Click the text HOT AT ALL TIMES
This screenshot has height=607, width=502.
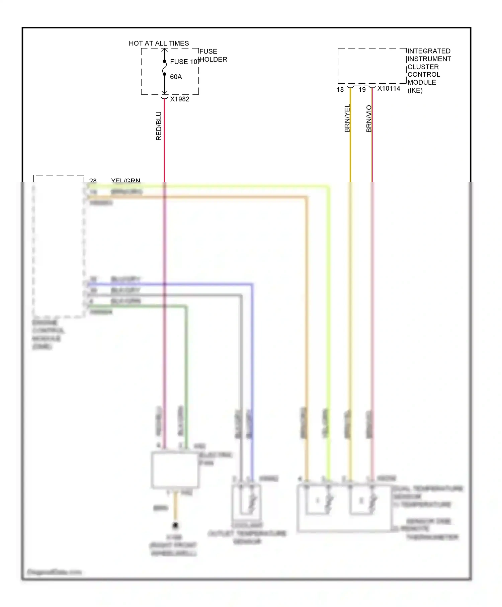tap(159, 43)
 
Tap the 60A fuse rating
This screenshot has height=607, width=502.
tap(176, 77)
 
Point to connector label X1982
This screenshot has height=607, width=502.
tap(180, 99)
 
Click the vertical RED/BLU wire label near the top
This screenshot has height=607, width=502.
tap(159, 126)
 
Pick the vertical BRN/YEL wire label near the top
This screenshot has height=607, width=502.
tap(347, 118)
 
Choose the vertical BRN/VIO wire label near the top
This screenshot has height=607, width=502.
tap(369, 119)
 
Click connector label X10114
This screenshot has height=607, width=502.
tap(389, 89)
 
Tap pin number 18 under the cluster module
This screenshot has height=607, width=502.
tap(340, 90)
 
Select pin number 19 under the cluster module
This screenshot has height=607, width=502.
tap(362, 90)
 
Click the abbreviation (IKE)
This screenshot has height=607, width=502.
tap(415, 90)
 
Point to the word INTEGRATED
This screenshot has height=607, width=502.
tap(429, 51)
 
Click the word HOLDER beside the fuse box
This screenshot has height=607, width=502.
tap(214, 60)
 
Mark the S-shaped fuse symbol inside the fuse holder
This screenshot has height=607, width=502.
tap(164, 68)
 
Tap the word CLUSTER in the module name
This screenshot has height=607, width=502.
tap(423, 67)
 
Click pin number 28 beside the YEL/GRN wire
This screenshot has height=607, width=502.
tap(93, 181)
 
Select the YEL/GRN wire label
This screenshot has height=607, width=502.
tap(125, 181)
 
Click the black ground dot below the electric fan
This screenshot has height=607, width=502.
tap(175, 526)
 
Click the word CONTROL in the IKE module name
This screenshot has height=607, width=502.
tap(424, 75)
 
